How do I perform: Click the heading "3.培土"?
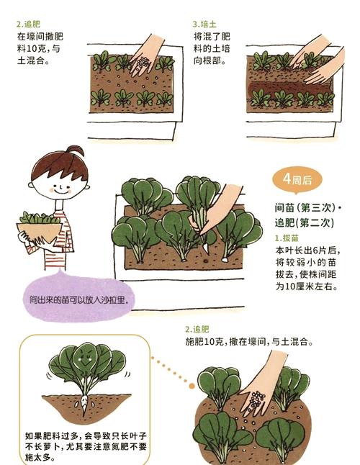206,24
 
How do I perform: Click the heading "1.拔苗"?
287,238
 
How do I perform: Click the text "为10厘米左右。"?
306,286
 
